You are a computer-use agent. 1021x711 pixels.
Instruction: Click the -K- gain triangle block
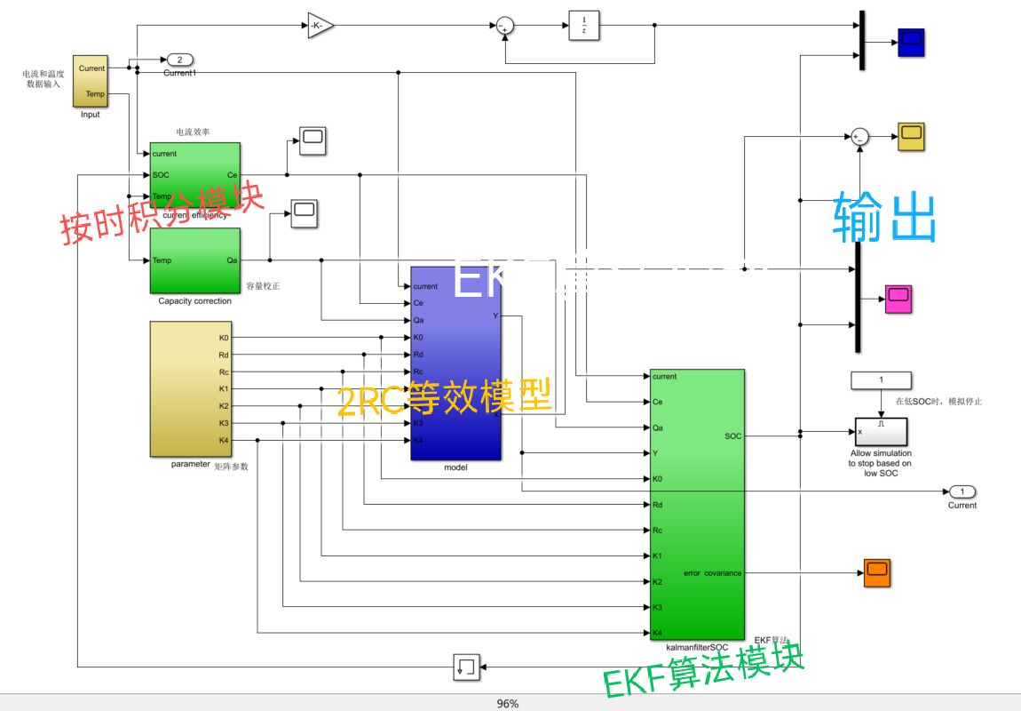point(320,26)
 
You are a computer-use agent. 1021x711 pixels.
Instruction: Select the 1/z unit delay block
point(583,26)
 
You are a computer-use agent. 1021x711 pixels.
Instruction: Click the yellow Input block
point(90,80)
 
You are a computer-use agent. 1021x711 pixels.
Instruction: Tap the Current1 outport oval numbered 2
point(179,60)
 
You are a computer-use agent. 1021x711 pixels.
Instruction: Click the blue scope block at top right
point(911,42)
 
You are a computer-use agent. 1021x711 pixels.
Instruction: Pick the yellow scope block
point(911,137)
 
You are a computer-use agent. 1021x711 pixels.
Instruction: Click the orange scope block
point(876,573)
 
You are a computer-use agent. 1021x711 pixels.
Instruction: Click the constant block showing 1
point(881,380)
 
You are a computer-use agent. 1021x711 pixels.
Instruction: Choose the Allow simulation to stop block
point(881,432)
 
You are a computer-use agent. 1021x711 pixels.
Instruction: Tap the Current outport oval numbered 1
point(962,491)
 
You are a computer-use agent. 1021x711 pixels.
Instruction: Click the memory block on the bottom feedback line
point(466,667)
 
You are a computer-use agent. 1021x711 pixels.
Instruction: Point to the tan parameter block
point(190,389)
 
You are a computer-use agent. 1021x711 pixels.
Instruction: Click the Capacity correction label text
point(194,301)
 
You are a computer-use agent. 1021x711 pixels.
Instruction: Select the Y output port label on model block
point(495,316)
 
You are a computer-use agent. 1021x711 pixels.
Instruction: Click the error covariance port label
point(712,573)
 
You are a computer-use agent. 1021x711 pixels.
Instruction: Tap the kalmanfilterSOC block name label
point(697,647)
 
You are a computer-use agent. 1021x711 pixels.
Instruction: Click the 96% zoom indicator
point(507,703)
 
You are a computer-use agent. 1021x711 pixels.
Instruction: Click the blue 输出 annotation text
point(884,218)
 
